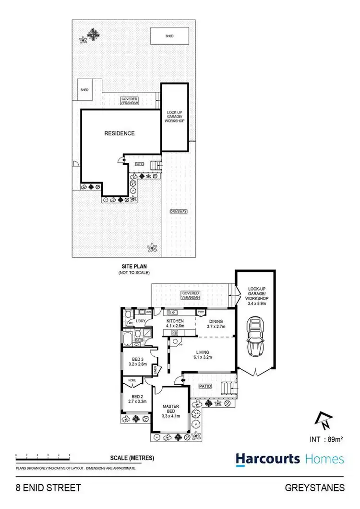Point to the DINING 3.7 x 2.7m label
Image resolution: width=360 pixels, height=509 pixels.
point(216,324)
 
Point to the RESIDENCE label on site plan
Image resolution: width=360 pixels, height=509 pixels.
point(120,133)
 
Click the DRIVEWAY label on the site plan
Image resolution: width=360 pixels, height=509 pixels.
point(178,211)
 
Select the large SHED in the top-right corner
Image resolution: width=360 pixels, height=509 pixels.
point(169,36)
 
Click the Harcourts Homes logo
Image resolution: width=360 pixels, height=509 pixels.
point(290,459)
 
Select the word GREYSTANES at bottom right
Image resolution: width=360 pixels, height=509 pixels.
point(315,488)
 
